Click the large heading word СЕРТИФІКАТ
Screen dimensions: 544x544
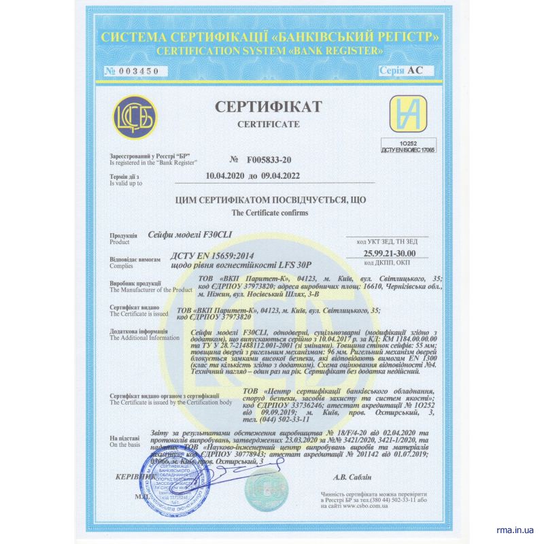pyautogui.click(x=268, y=107)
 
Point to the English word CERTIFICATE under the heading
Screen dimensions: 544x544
pyautogui.click(x=268, y=125)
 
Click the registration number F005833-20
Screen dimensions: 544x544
pyautogui.click(x=267, y=160)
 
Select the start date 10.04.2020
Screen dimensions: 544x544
pyautogui.click(x=225, y=175)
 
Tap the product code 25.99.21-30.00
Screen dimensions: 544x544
pyautogui.click(x=390, y=253)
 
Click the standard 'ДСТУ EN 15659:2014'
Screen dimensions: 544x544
pyautogui.click(x=206, y=256)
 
